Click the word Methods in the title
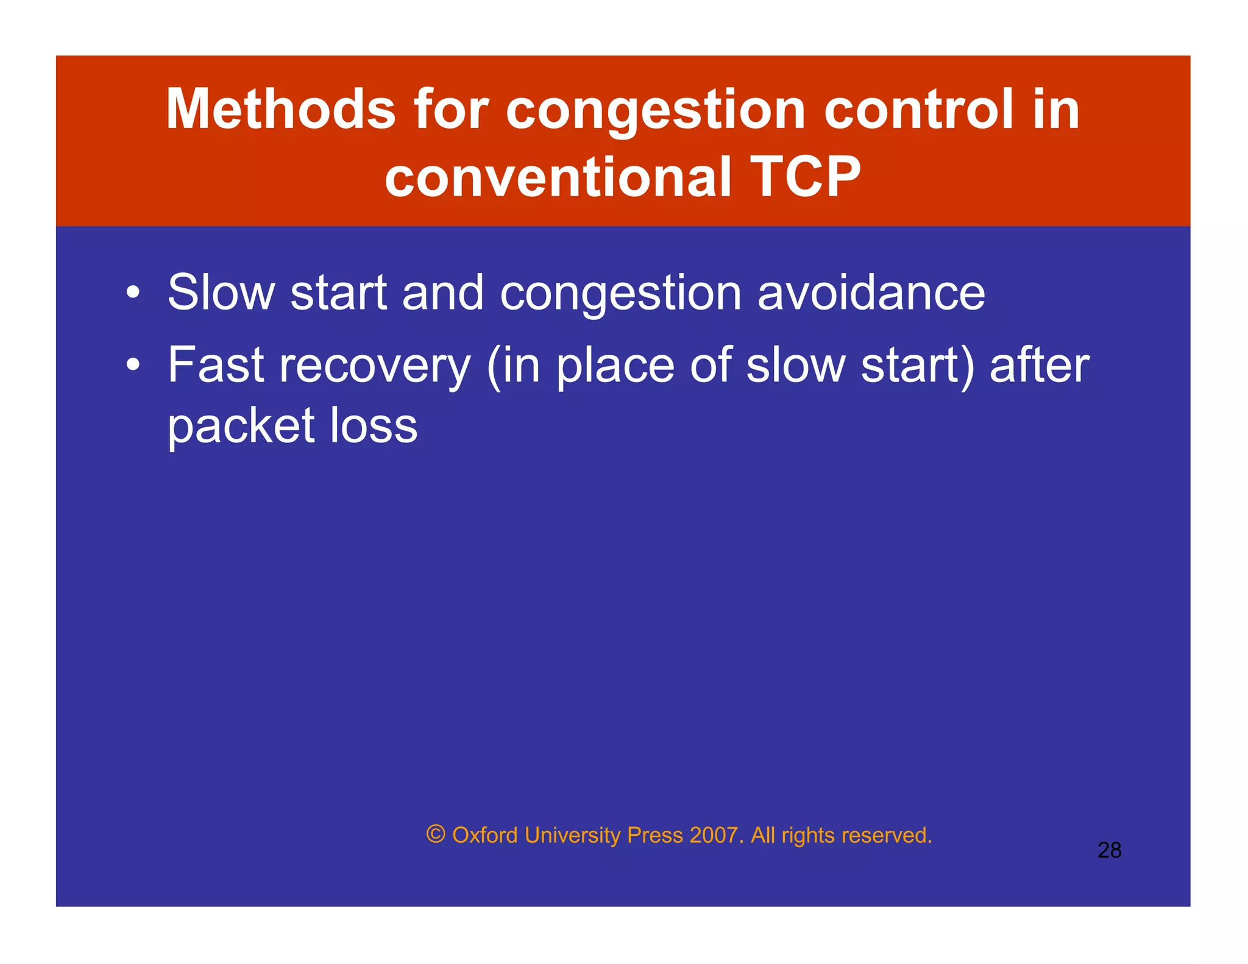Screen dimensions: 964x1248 [281, 109]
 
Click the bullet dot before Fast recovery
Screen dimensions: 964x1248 [133, 365]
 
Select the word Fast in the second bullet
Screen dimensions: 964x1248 [216, 365]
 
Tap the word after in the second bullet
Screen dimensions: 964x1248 [1039, 365]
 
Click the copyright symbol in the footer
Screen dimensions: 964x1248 [436, 834]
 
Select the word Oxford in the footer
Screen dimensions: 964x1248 [485, 835]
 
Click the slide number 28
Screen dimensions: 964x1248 [1109, 850]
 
